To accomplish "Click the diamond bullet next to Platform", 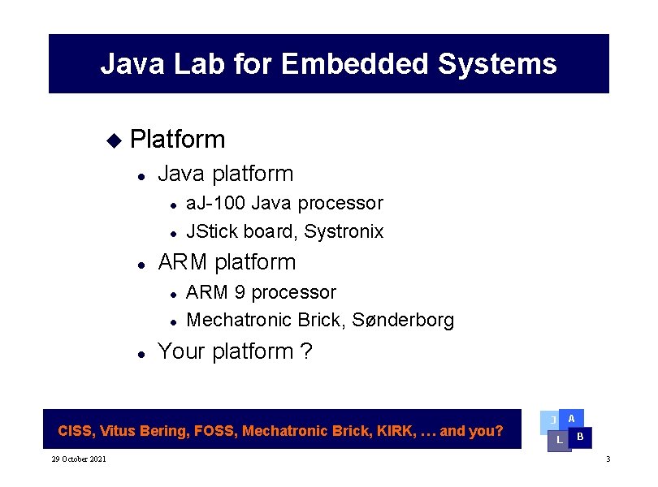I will point(113,140).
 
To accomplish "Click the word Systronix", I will point(344,231).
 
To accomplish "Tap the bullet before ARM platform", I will point(141,264).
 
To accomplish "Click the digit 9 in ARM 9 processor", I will point(240,292).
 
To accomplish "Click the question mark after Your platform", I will point(306,351).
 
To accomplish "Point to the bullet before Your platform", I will point(141,354).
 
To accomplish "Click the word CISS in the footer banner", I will point(76,431).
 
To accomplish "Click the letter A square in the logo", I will point(572,419).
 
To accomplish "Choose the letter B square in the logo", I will point(580,437).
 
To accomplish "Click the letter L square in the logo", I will point(559,440).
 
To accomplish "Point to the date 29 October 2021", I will point(78,460).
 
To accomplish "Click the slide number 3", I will point(607,460).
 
